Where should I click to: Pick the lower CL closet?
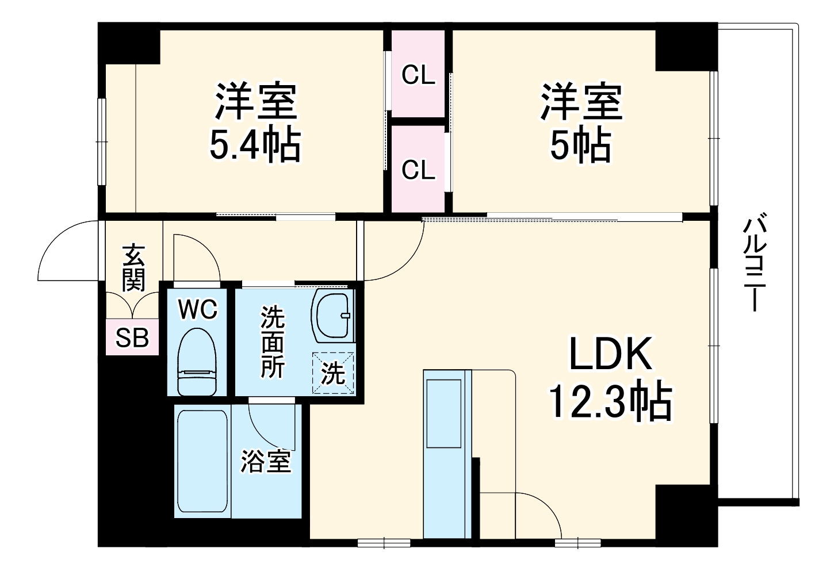click(x=418, y=170)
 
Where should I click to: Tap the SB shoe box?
click(x=132, y=338)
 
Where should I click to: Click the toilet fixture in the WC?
click(x=197, y=362)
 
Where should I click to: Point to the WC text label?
click(x=197, y=309)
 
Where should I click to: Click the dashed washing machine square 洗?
click(x=333, y=373)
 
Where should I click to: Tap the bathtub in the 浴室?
click(x=202, y=461)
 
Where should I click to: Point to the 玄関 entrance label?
click(x=133, y=268)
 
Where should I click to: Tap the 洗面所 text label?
click(x=272, y=342)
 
